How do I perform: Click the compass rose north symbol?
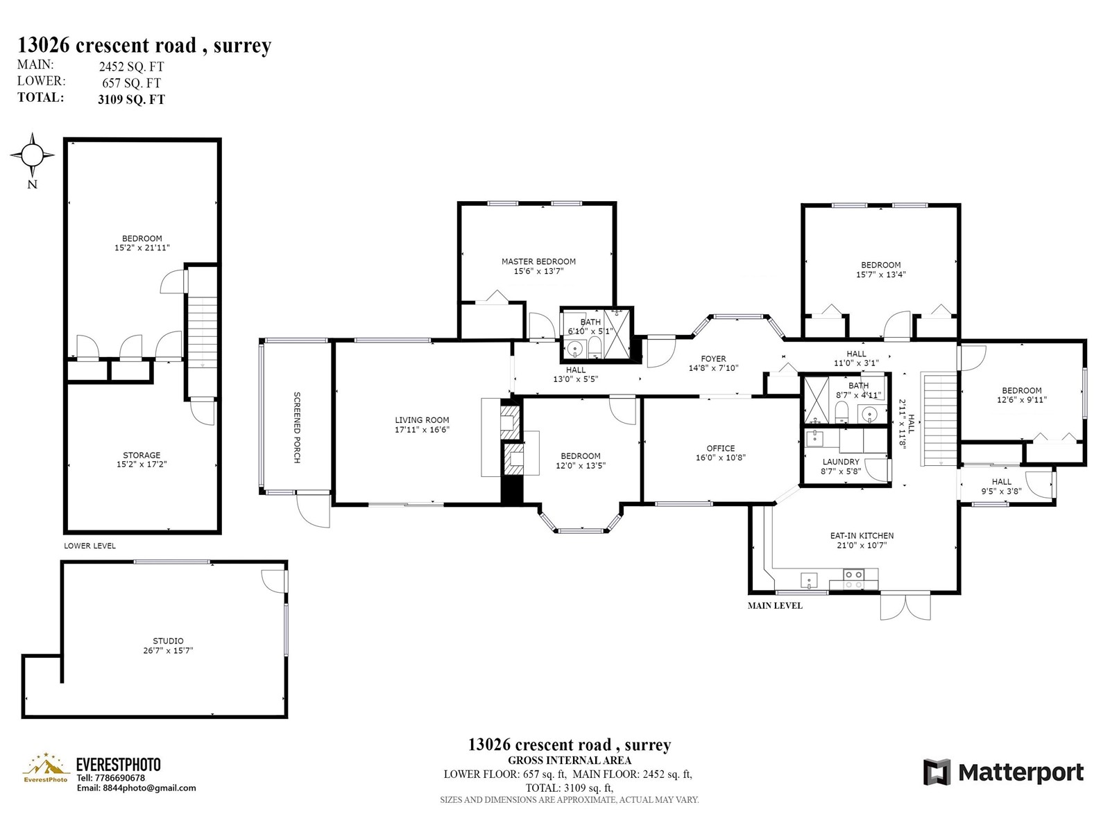coord(33,155)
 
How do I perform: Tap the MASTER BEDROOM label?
coord(538,261)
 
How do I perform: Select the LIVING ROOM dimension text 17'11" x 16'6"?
coord(422,430)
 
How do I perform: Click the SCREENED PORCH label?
coord(298,427)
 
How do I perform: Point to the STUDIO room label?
coord(168,641)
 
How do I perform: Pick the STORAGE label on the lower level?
coord(142,455)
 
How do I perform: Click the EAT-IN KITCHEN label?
coord(862,535)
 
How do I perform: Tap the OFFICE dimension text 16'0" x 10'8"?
coord(721,458)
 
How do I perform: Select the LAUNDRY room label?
coord(840,462)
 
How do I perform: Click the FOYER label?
coord(713,359)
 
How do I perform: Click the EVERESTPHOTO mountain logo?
coord(46,768)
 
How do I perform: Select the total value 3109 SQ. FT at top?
coord(132,100)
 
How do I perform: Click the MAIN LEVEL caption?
coord(775,606)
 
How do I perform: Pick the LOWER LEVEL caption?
coord(89,546)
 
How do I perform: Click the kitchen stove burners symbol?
coord(853,580)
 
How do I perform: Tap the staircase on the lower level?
coord(203,331)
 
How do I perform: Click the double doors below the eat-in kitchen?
coord(905,607)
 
